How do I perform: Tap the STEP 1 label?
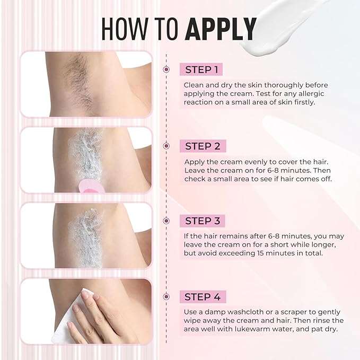[201, 69]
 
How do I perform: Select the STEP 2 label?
[202, 146]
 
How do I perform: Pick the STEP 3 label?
[202, 221]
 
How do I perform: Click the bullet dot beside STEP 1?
[166, 69]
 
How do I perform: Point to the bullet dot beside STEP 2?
[166, 146]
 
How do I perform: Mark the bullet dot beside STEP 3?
[166, 221]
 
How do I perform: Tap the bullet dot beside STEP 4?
[166, 296]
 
